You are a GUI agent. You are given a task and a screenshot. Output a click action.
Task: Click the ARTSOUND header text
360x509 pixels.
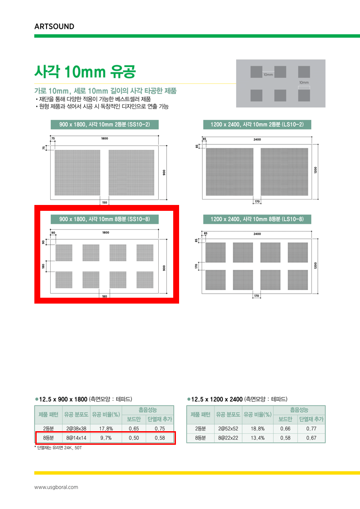coord(54,26)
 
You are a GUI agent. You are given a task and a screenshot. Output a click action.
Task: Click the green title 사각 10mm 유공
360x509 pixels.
coord(85,72)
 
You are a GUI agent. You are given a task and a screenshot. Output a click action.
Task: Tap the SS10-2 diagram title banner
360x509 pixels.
coord(104,125)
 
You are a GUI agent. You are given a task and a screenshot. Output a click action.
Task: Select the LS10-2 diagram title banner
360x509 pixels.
coord(257,125)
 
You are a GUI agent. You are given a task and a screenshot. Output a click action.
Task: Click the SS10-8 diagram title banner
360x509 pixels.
coord(104,219)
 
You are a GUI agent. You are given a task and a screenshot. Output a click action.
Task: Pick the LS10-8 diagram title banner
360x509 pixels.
coord(257,219)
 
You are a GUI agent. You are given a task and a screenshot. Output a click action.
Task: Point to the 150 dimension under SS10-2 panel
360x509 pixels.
coord(104,203)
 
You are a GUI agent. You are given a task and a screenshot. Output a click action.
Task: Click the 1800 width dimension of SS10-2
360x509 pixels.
coord(104,138)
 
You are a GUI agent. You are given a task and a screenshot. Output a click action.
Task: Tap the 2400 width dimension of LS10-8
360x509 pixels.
coord(257,234)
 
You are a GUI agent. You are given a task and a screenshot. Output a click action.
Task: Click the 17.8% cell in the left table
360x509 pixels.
coord(106,428)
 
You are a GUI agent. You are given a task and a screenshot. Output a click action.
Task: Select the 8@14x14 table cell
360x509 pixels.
coord(76,438)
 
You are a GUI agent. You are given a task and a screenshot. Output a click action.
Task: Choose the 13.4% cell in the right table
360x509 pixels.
coord(258,438)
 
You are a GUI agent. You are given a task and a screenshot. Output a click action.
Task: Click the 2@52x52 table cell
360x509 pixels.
coord(228,428)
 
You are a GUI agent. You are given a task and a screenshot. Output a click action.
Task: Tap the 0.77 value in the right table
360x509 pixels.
coord(311,428)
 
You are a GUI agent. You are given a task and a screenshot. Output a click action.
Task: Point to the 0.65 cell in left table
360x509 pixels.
coord(134,428)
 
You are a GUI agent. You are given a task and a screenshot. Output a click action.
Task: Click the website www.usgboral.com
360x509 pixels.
coord(56,487)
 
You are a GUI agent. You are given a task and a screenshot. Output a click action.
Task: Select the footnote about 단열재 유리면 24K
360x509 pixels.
coord(58,447)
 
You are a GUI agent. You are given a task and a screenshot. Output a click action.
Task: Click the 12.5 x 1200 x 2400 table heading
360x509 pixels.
coord(237,399)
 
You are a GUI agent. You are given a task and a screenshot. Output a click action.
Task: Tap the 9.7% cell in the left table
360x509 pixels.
coord(106,438)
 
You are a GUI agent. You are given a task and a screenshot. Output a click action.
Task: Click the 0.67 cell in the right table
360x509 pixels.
coord(311,438)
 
